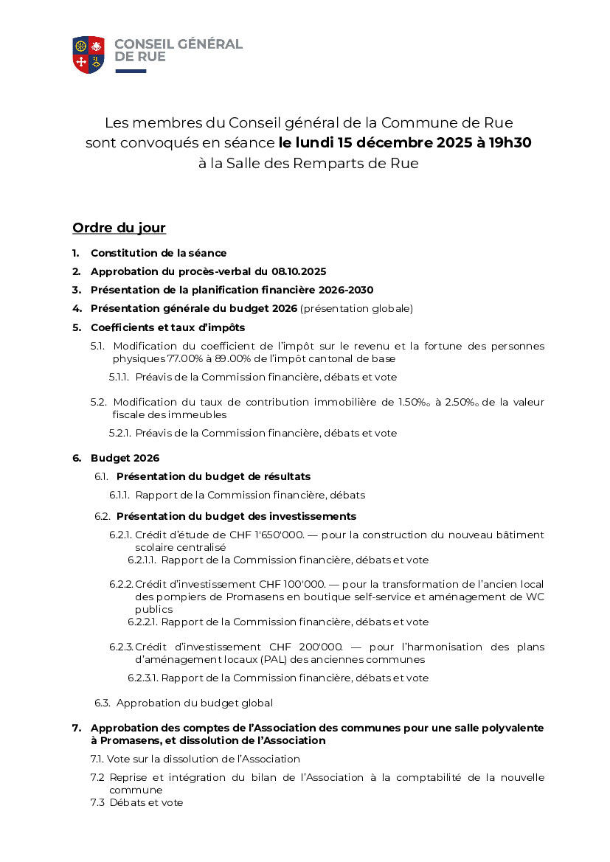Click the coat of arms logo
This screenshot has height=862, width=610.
point(89,54)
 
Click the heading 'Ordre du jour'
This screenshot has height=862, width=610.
point(119,228)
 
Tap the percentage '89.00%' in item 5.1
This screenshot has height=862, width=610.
point(236,359)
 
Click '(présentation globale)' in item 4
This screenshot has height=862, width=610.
point(356,308)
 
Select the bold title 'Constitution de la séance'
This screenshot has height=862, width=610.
point(159,253)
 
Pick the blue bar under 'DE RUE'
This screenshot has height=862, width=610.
point(131,72)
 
